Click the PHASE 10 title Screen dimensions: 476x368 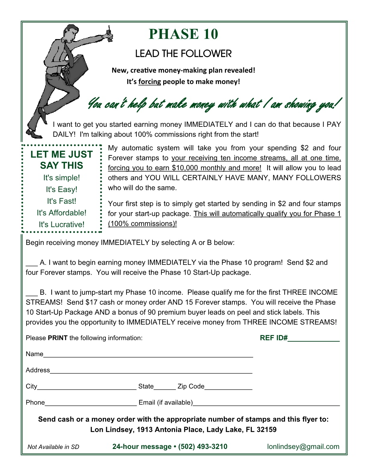click(183, 34)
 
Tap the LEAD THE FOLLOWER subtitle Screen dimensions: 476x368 click(183, 54)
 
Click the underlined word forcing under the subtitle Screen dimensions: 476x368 click(150, 82)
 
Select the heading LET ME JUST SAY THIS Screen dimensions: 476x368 click(62, 160)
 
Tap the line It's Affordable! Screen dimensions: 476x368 click(62, 213)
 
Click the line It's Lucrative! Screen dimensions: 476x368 click(62, 224)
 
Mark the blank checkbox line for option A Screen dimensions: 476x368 click(32, 264)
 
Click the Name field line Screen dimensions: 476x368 click(148, 356)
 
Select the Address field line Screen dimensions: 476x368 click(151, 372)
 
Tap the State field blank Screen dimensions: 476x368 click(165, 388)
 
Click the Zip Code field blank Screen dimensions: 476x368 click(228, 388)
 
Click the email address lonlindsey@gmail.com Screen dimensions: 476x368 click(303, 447)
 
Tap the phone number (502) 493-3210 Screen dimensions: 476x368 click(203, 447)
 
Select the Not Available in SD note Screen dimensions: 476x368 click(53, 447)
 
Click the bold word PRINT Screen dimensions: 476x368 click(58, 338)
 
